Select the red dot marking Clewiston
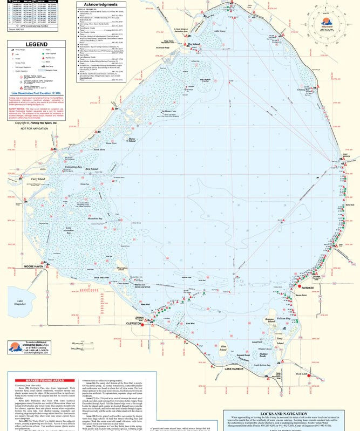(x=142, y=324)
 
